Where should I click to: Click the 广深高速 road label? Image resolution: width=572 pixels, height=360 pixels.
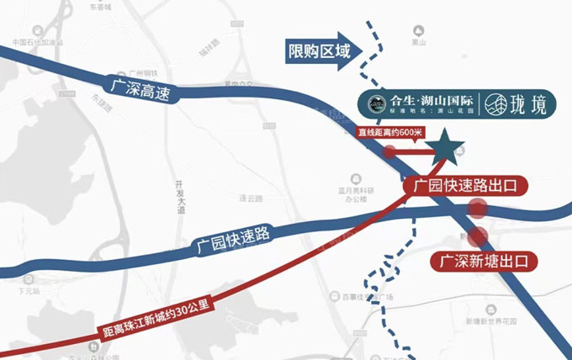(x=139, y=88)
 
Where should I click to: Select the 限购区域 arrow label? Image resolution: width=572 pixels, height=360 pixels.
(x=320, y=52)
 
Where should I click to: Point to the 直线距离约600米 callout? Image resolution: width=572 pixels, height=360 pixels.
(x=389, y=132)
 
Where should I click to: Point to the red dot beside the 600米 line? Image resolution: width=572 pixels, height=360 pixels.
(x=390, y=152)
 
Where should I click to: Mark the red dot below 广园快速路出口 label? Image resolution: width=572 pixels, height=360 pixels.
(x=478, y=210)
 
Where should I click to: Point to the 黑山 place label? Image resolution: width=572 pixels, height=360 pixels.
(x=415, y=40)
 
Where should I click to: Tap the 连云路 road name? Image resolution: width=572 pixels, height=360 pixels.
(x=252, y=199)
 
